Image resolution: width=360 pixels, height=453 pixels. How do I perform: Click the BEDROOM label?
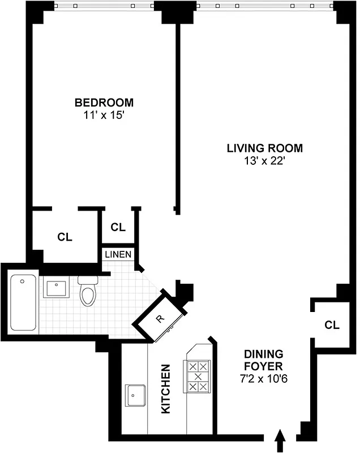(x=104, y=102)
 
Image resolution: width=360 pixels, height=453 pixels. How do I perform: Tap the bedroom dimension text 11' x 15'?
(x=104, y=115)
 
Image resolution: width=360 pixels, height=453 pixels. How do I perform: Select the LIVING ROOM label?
(x=264, y=148)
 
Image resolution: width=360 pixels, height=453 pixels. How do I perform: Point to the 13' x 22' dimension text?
(x=264, y=161)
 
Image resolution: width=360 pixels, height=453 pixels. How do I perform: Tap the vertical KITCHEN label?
(x=166, y=388)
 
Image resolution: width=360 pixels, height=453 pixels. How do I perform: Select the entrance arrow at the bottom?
(x=279, y=440)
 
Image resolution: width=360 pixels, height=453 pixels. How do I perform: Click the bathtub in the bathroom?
(x=23, y=303)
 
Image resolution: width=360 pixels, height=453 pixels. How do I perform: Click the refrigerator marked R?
(x=160, y=319)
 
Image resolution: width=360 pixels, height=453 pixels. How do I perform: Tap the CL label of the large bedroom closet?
(x=65, y=237)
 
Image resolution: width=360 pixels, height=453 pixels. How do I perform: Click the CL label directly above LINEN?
(x=118, y=227)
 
